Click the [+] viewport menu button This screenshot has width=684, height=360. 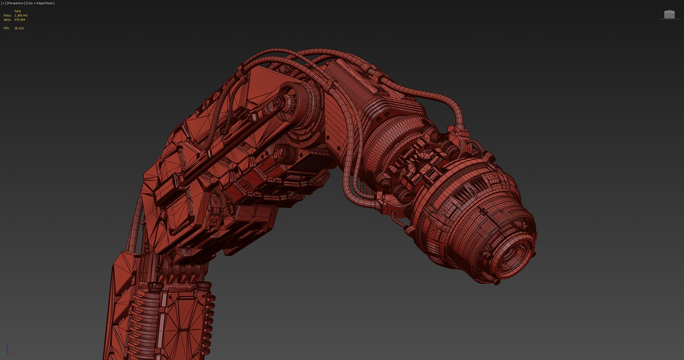[x=4, y=3]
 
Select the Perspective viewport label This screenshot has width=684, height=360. [x=15, y=3]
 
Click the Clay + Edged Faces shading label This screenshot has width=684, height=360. [x=40, y=3]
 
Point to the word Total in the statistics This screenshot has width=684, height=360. [x=17, y=11]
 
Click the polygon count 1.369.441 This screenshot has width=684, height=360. [x=21, y=15]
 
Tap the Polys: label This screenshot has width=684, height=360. [x=7, y=15]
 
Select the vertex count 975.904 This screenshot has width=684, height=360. [x=20, y=20]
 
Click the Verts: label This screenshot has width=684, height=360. [x=7, y=20]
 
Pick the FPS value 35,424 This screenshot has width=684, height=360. [x=19, y=28]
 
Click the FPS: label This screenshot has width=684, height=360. [x=6, y=28]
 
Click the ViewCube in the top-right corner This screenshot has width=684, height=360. [x=669, y=15]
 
